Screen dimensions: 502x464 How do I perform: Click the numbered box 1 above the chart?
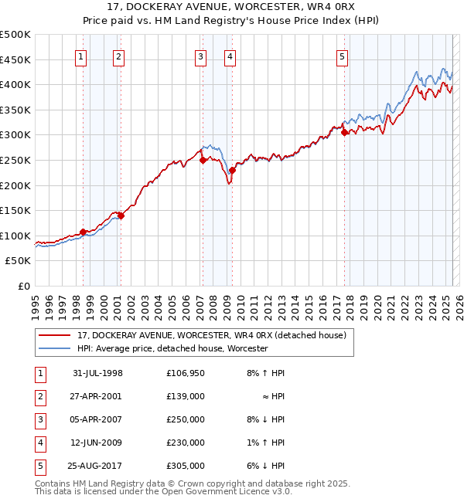pos(82,56)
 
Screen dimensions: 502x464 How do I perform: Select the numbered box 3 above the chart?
pos(200,56)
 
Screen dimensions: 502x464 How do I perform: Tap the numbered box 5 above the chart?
pos(342,56)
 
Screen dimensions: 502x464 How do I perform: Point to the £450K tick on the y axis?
pos(15,59)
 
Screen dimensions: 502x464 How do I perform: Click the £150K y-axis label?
pos(15,210)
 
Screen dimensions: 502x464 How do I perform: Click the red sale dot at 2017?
pos(344,133)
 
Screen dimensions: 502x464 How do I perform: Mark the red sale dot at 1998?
pos(83,232)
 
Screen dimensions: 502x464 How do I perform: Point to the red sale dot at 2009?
pos(232,170)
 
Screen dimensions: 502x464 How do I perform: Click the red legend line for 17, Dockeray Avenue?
pos(54,335)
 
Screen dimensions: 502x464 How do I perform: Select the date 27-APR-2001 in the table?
pos(97,396)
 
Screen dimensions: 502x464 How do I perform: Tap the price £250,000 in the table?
pos(186,419)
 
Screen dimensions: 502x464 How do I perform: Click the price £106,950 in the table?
pos(186,373)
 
